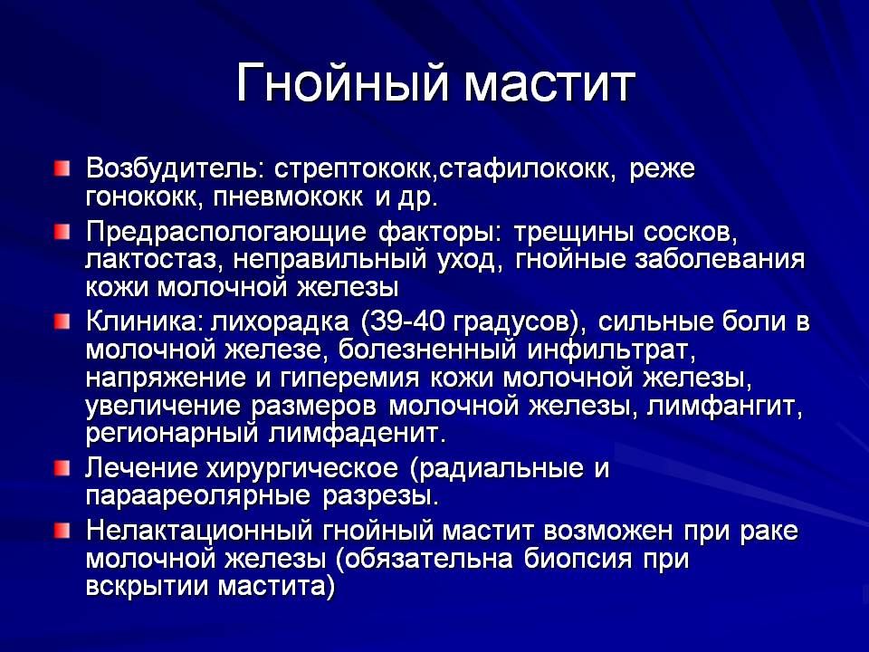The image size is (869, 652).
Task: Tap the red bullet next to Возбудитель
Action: [60, 168]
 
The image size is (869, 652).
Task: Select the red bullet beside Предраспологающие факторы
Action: [60, 232]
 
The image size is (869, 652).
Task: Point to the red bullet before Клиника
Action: [60, 321]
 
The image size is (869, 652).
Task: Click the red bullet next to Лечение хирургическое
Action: [60, 468]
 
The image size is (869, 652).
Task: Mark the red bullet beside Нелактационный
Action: [60, 529]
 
